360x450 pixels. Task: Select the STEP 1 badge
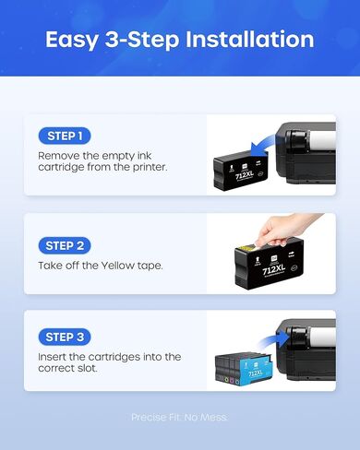(64, 136)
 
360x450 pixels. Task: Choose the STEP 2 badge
(65, 245)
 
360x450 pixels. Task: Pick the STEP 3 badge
(65, 337)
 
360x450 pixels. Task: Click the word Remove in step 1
(60, 156)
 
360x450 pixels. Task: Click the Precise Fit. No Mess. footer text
(180, 418)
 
